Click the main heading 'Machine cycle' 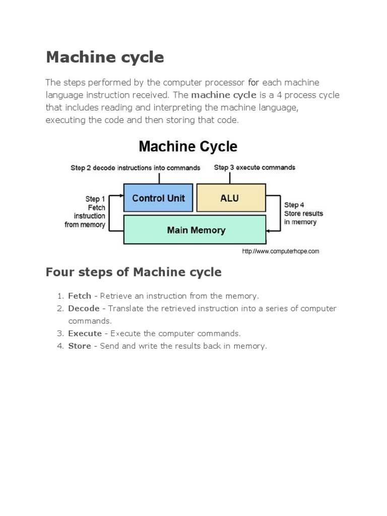click(x=105, y=57)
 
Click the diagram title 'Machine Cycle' click(x=187, y=147)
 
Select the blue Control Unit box click(x=158, y=198)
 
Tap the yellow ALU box click(x=230, y=198)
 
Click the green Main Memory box click(x=196, y=230)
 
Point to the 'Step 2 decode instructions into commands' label click(x=135, y=168)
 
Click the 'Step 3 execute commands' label click(x=254, y=167)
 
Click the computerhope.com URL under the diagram click(x=280, y=251)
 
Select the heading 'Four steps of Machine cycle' click(x=134, y=273)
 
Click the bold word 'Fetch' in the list click(x=80, y=296)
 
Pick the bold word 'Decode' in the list click(x=84, y=308)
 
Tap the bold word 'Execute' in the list click(x=85, y=334)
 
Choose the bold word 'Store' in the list click(x=80, y=346)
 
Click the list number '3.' click(x=60, y=334)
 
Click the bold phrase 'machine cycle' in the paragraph click(x=224, y=95)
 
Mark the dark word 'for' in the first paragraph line click(x=253, y=82)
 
